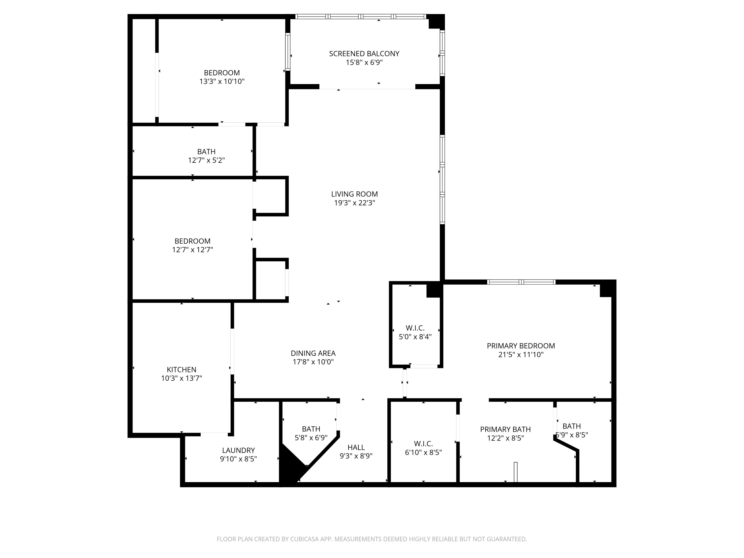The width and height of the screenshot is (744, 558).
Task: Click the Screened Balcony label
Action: [364, 54]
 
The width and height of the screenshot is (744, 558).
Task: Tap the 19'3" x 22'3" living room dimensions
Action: [354, 203]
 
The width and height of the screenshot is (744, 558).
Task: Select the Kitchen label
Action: [181, 369]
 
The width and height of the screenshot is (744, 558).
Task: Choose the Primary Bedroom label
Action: [521, 346]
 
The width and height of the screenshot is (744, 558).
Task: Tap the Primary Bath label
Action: [505, 429]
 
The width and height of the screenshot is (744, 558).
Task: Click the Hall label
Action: [356, 447]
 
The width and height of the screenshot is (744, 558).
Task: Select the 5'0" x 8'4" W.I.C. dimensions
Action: [415, 337]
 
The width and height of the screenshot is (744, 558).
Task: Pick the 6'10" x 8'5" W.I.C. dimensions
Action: [423, 452]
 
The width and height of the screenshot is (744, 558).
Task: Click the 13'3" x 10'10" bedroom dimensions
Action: [222, 81]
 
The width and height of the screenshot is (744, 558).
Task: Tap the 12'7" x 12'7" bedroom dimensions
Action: [192, 249]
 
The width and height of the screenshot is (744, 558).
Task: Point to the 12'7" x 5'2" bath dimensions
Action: [206, 160]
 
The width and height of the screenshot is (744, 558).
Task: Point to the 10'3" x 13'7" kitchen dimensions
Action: [181, 378]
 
